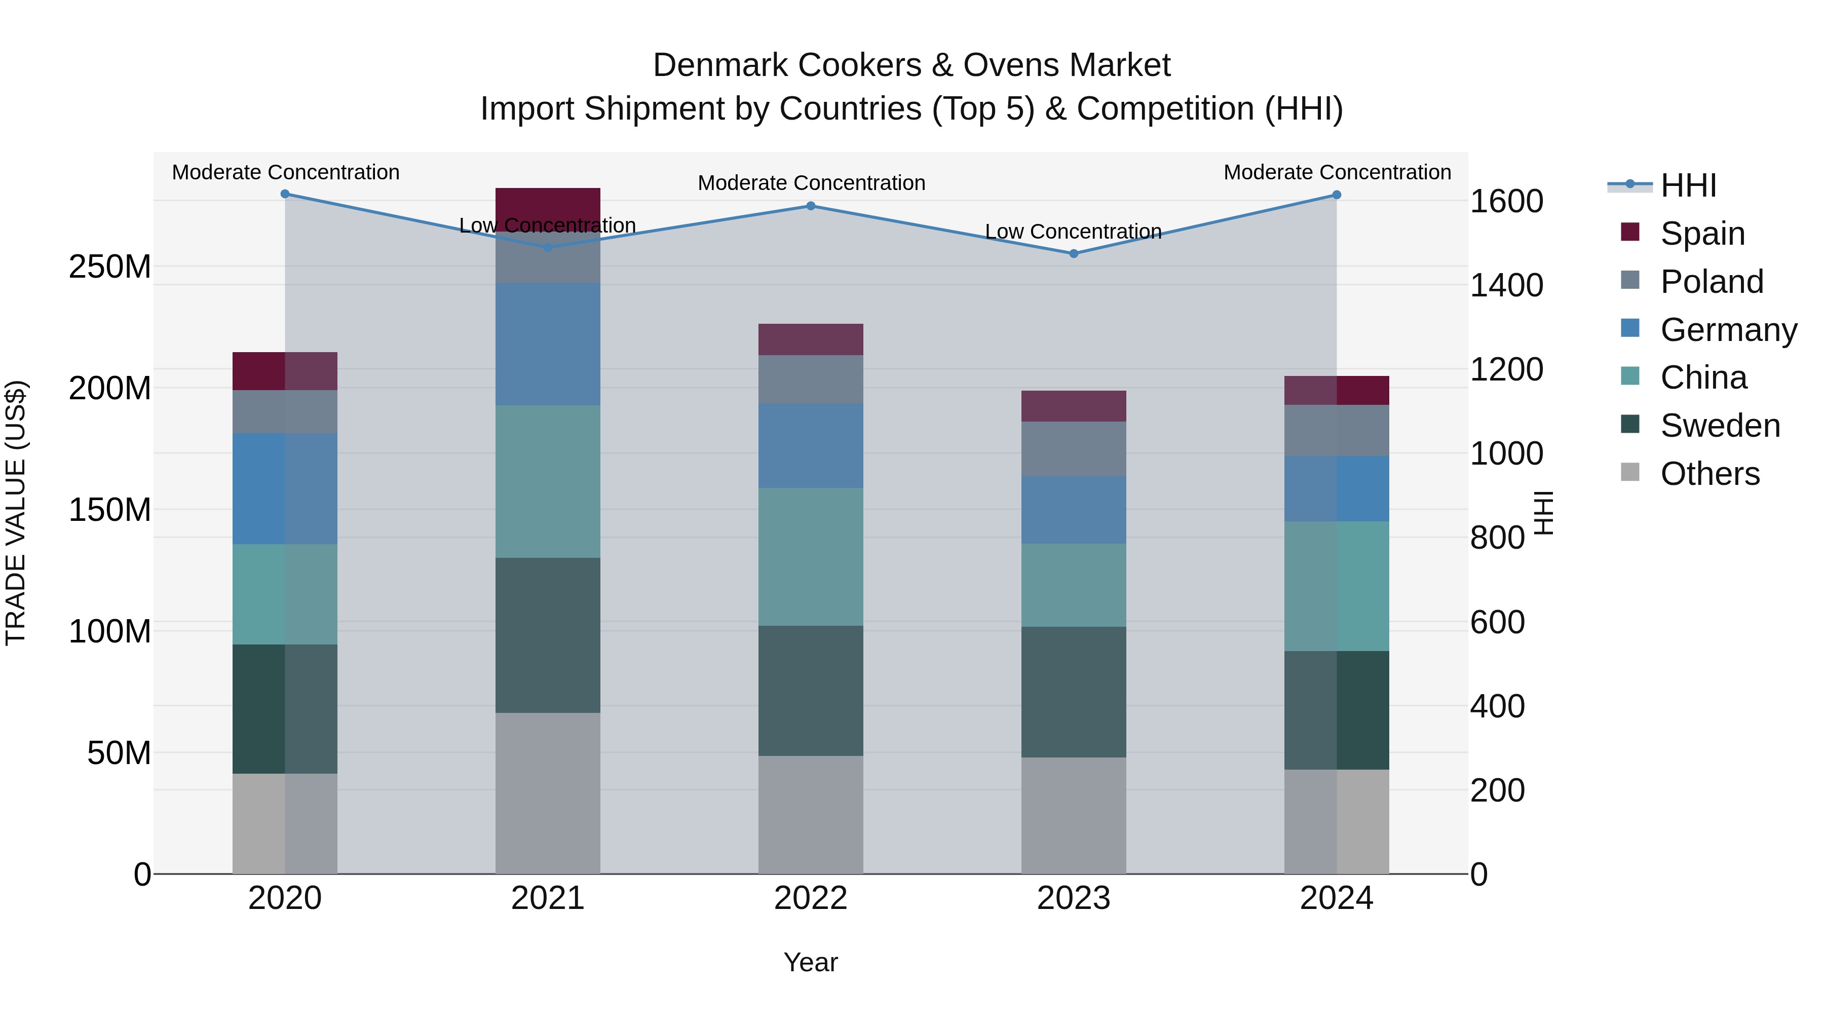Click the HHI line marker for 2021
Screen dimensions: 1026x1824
click(x=547, y=247)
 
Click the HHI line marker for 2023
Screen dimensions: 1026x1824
click(x=1074, y=253)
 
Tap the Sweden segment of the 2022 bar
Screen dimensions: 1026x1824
click(x=811, y=691)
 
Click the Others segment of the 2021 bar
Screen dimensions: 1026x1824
click(x=547, y=793)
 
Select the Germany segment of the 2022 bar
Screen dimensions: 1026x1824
click(x=811, y=445)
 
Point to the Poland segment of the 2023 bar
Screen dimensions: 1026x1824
click(x=1074, y=449)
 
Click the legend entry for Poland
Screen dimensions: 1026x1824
click(x=1711, y=282)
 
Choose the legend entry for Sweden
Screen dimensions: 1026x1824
click(x=1719, y=426)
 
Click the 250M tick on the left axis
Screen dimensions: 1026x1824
click(x=110, y=267)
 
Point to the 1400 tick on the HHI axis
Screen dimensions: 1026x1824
click(x=1506, y=285)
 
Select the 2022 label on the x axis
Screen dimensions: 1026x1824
click(x=811, y=898)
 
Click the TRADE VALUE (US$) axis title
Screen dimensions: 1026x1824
click(x=16, y=513)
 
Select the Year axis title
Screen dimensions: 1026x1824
click(x=811, y=962)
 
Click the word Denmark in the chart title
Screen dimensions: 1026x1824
click(x=715, y=65)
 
